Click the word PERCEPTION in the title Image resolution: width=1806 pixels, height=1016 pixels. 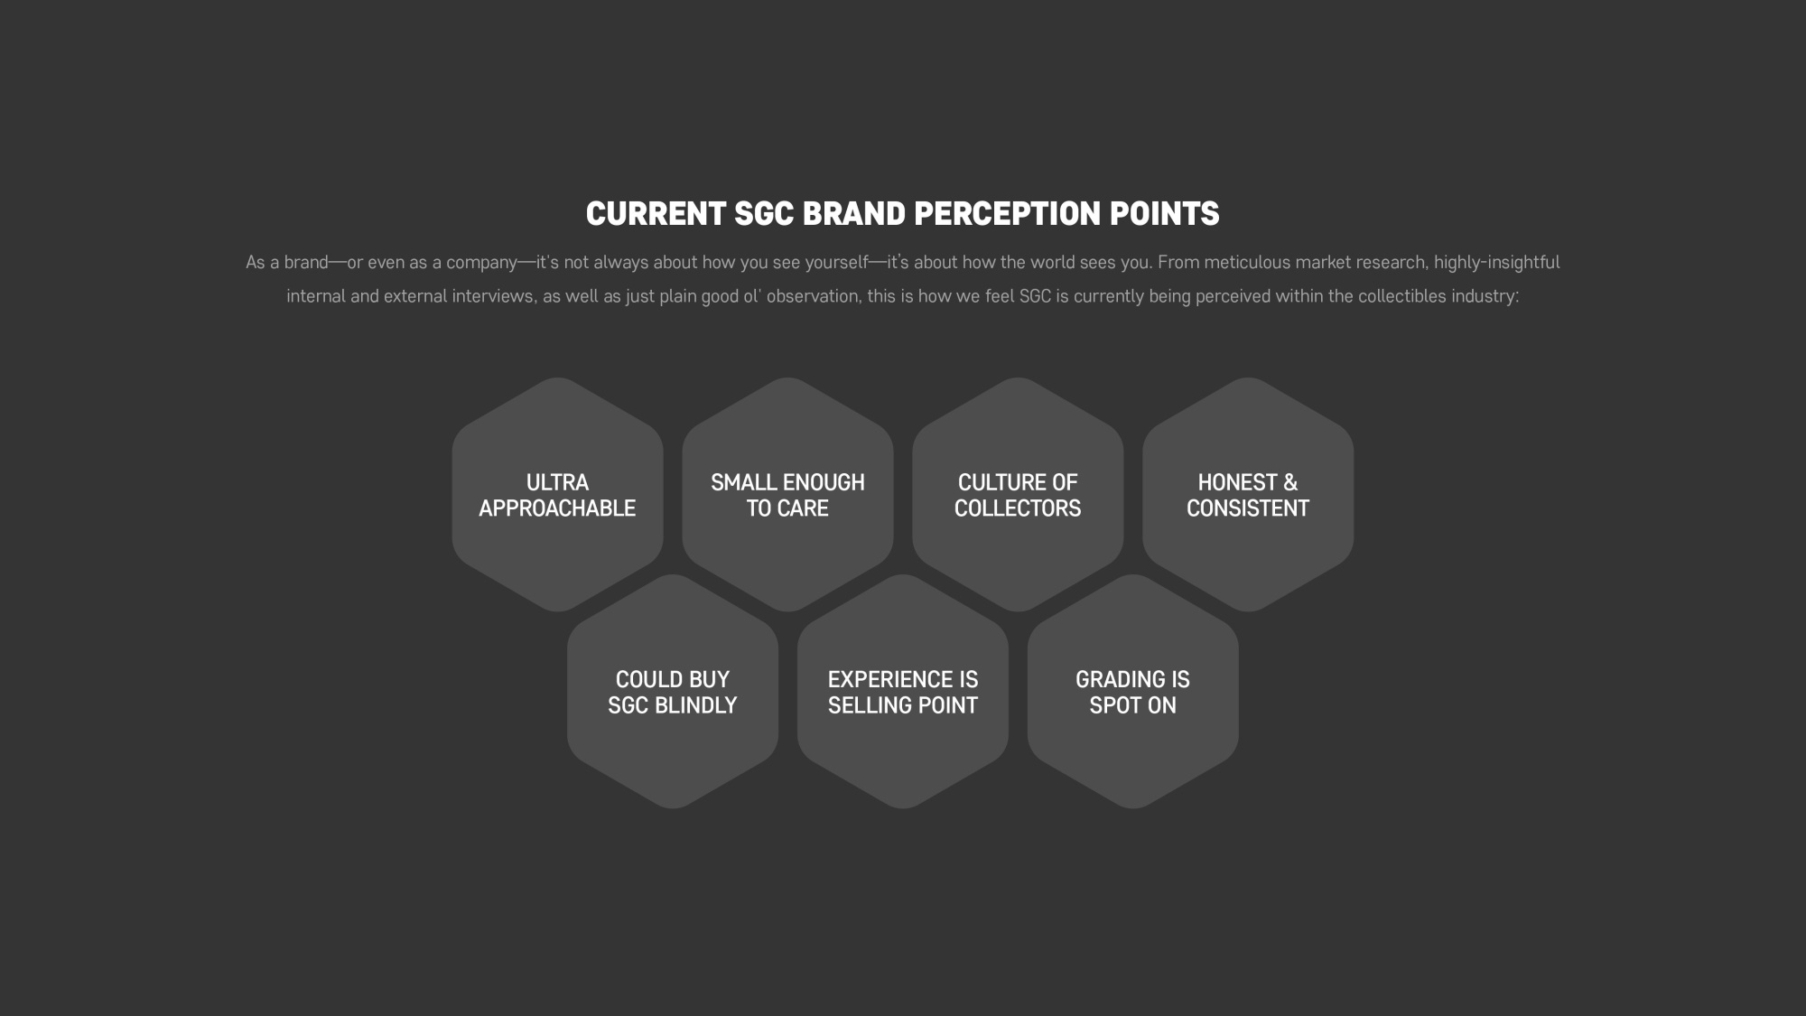[x=1007, y=214]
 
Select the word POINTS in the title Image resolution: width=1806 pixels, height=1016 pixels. [x=1164, y=214]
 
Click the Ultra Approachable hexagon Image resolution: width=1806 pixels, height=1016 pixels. [x=557, y=495]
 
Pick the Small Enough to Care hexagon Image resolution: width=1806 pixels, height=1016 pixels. [x=787, y=495]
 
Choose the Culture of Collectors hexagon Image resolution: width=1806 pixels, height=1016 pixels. [x=1018, y=495]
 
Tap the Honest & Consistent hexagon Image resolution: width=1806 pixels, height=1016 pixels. [x=1248, y=495]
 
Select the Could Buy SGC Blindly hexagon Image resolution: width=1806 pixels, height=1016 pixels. [x=673, y=692]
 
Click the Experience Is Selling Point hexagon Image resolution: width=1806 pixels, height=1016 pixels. [x=903, y=692]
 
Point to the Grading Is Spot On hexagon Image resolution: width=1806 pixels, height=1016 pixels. [x=1133, y=692]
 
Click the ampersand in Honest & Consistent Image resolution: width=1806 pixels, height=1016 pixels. [x=1289, y=482]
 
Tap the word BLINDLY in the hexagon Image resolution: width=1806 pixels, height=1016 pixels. [x=696, y=705]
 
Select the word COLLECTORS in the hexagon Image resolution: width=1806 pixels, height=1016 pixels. [x=1018, y=508]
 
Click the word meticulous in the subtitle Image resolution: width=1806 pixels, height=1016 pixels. [x=1247, y=262]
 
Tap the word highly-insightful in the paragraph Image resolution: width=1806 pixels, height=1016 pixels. [x=1496, y=263]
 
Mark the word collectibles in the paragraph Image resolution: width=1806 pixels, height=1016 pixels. [x=1402, y=296]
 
